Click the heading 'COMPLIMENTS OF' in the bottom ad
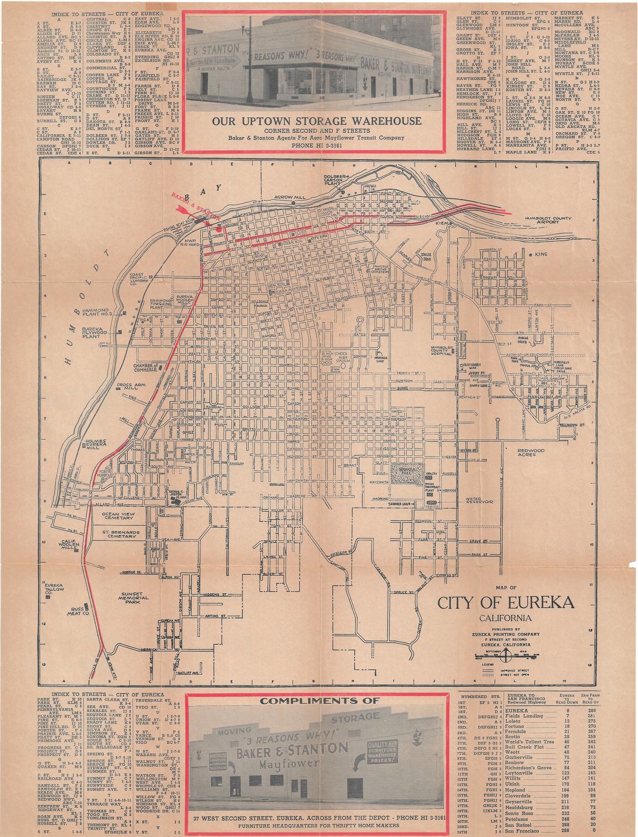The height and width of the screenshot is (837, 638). (x=316, y=700)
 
